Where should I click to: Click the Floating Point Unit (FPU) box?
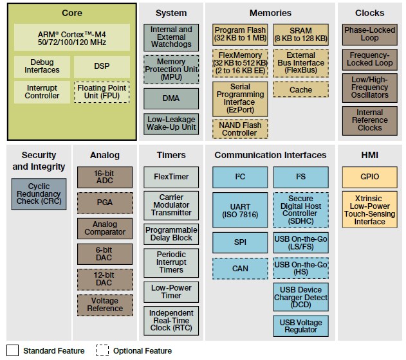point(102,92)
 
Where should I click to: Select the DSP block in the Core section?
point(102,66)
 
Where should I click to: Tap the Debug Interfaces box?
point(42,66)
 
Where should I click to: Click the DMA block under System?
point(171,98)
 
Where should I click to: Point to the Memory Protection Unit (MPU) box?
point(171,69)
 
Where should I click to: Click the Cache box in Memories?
point(300,89)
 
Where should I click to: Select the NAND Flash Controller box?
point(240,129)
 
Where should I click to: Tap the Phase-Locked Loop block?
point(370,34)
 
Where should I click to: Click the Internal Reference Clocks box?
point(370,120)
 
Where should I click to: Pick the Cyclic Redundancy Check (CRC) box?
point(39,194)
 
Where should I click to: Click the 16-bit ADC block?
point(105,177)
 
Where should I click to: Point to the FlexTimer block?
point(171,176)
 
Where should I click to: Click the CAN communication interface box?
point(240,269)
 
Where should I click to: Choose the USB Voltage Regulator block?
point(300,325)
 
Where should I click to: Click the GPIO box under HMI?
point(370,176)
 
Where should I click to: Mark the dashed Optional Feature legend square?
point(103,350)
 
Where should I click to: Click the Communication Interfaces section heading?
point(270,155)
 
